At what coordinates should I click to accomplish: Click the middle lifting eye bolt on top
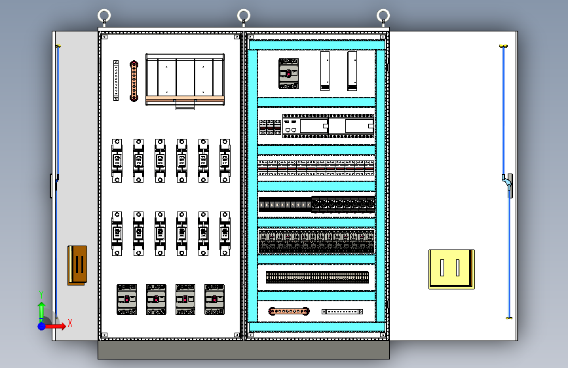pos(244,16)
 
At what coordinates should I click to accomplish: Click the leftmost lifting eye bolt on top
pos(104,16)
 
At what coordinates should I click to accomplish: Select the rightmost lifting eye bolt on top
pos(383,16)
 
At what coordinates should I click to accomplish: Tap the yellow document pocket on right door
pos(451,268)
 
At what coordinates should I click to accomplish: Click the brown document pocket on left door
pos(77,265)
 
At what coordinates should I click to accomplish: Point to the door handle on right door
pos(508,184)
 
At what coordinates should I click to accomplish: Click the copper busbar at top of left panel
pos(134,81)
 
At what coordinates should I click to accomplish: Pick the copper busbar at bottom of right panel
pos(289,312)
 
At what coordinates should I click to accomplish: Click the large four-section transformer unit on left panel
pos(185,79)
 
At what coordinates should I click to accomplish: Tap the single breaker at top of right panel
pos(288,73)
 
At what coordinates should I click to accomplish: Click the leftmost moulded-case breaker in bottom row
pos(127,299)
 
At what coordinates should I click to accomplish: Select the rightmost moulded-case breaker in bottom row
pos(214,299)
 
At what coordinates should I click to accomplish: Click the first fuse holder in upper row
pos(117,160)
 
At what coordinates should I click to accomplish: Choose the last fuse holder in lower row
pos(225,233)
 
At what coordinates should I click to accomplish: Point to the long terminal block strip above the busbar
pos(317,277)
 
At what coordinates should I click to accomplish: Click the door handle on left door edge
pos(52,185)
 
